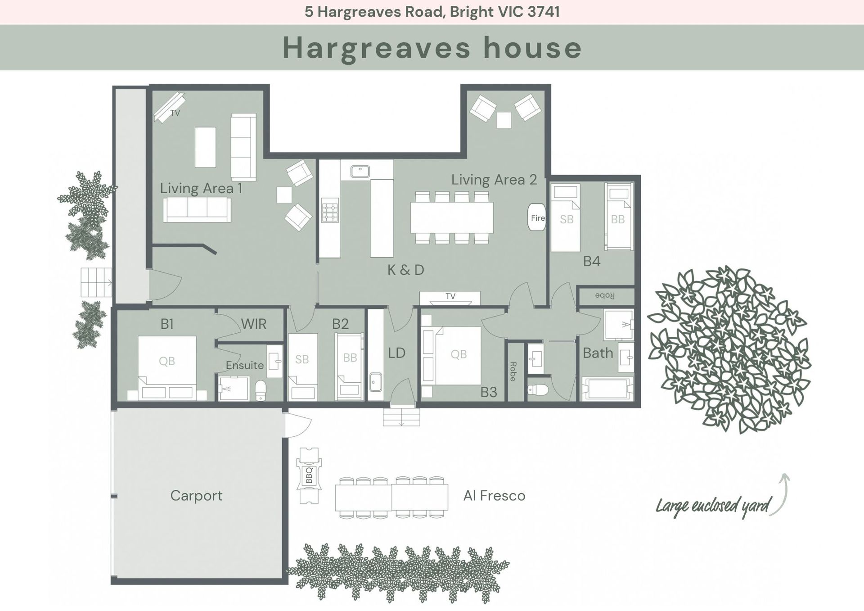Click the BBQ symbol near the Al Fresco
click(309, 475)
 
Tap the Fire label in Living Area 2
click(538, 218)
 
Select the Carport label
click(196, 496)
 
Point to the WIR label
click(254, 324)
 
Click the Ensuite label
click(245, 365)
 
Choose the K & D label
click(406, 270)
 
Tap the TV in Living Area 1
click(169, 107)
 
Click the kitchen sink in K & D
click(360, 172)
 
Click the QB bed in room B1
click(167, 367)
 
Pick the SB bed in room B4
click(566, 218)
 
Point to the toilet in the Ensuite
click(261, 390)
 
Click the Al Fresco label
click(495, 496)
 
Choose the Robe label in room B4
click(605, 296)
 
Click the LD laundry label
click(397, 353)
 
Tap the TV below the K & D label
click(450, 298)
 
